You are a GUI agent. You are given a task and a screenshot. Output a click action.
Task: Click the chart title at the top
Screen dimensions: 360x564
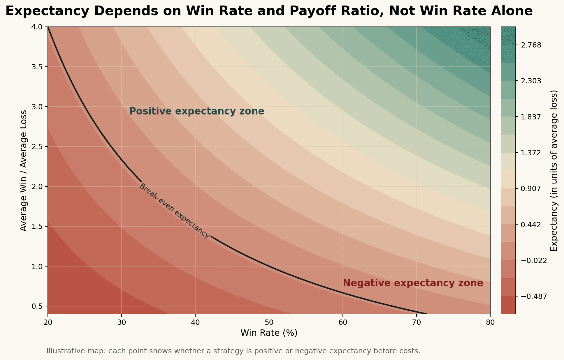(x=269, y=11)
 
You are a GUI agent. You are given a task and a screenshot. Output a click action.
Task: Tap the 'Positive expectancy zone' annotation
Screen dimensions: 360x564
(x=196, y=111)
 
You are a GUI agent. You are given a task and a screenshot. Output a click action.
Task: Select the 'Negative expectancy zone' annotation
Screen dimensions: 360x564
(x=413, y=283)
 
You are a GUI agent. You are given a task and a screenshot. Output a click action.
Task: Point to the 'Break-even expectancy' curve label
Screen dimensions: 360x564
(x=174, y=211)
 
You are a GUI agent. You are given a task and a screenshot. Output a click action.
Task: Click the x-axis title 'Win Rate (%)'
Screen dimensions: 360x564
(x=269, y=333)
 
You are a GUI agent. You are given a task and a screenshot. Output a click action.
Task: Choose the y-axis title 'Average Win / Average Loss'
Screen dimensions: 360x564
(x=24, y=170)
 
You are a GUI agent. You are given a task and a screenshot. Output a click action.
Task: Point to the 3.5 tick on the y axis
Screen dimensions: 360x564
(x=37, y=67)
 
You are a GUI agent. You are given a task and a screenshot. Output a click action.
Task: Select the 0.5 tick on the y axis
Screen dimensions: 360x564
(x=37, y=306)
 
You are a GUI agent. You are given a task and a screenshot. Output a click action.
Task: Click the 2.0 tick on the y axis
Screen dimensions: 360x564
(x=37, y=187)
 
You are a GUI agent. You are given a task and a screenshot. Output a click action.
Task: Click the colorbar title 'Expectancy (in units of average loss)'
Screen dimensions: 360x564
(x=554, y=170)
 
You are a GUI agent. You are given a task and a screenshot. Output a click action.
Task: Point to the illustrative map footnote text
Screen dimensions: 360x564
(x=233, y=351)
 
